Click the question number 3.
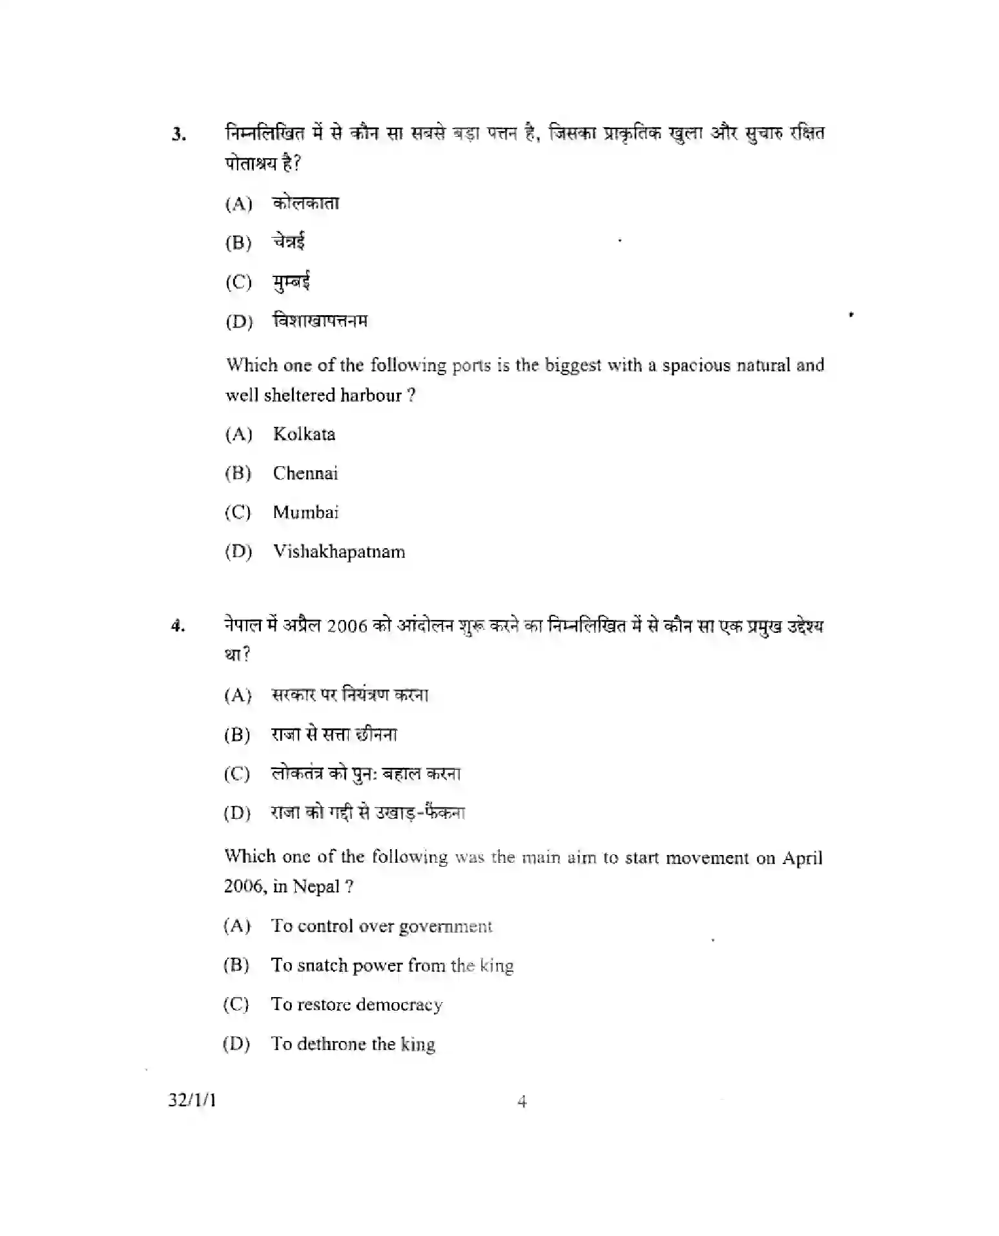(x=178, y=135)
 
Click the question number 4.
(x=178, y=626)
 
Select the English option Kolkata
(x=304, y=434)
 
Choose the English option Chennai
(x=305, y=473)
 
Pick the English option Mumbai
(x=305, y=513)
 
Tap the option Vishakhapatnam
(x=338, y=552)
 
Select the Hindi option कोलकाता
(x=305, y=203)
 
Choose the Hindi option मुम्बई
(x=291, y=282)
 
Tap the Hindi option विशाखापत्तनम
(x=320, y=321)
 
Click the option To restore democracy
(x=356, y=1005)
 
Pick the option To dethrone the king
(x=353, y=1044)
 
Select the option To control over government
(x=381, y=926)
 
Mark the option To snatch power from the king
(x=392, y=965)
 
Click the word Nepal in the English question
(x=316, y=887)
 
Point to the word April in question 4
(x=802, y=858)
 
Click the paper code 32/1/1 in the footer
(x=192, y=1100)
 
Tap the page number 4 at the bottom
(x=522, y=1102)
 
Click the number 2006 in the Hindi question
(x=347, y=626)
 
